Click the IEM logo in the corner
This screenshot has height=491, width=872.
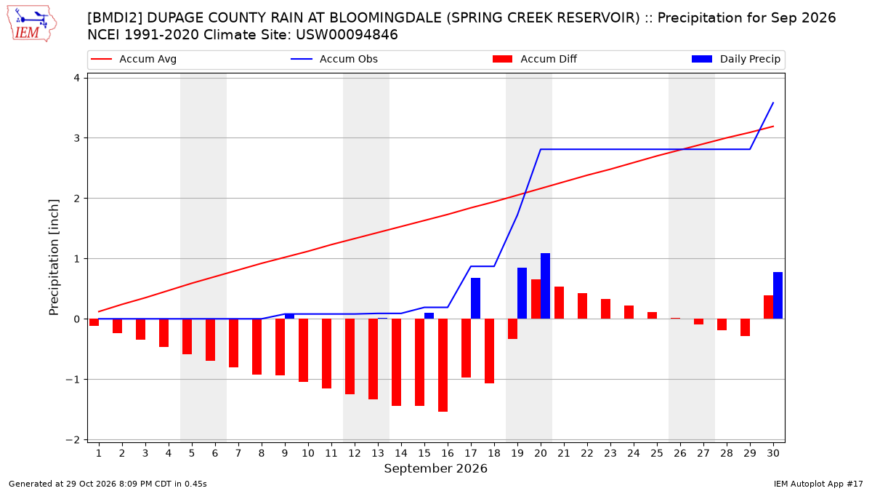[x=32, y=24]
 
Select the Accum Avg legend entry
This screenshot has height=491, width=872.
[x=134, y=59]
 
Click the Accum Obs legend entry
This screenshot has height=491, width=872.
[x=334, y=59]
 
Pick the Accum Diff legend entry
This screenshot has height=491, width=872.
[x=535, y=59]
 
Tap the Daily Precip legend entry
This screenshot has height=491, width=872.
[x=735, y=59]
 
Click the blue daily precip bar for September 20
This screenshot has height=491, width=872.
[x=546, y=286]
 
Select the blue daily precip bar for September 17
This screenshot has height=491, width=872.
[x=476, y=298]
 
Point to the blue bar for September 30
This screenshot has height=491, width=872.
[x=778, y=295]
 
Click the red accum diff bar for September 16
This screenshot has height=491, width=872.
[x=443, y=365]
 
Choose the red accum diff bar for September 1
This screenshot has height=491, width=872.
[x=94, y=322]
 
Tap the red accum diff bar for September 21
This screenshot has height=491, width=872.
[x=559, y=303]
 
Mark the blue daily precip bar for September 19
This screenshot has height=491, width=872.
[x=522, y=293]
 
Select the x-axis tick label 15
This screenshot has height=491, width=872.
[x=424, y=453]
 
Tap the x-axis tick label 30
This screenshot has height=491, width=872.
[x=773, y=453]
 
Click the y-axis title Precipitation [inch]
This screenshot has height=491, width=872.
[x=54, y=258]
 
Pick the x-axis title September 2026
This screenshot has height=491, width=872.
[x=435, y=468]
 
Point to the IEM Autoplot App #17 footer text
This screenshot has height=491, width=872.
[x=818, y=484]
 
